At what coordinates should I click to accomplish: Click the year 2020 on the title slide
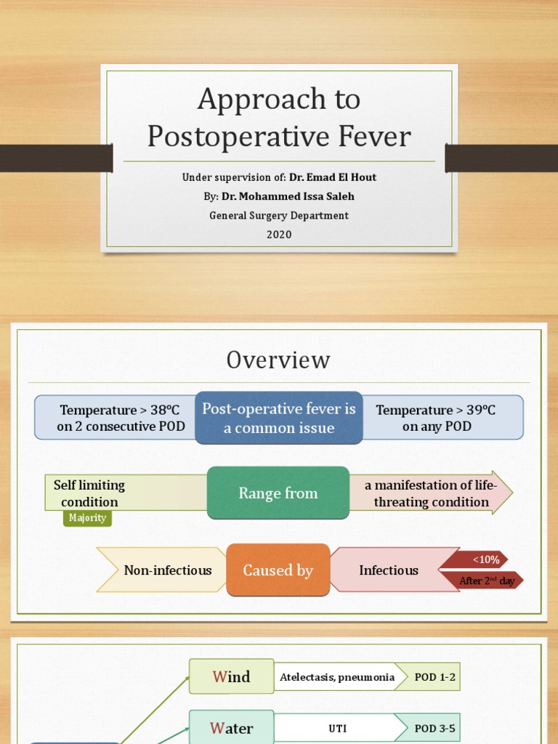[x=279, y=234]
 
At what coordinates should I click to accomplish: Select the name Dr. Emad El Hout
[x=333, y=177]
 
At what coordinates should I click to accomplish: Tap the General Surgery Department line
[x=279, y=215]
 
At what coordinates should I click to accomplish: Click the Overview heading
[x=278, y=360]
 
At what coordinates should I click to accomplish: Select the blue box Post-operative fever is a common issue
[x=279, y=418]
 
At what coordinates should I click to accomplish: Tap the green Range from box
[x=278, y=493]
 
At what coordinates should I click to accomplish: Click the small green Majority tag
[x=87, y=518]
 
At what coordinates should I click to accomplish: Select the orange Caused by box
[x=278, y=570]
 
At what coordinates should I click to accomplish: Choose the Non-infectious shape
[x=166, y=570]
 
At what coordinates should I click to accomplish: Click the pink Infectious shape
[x=389, y=570]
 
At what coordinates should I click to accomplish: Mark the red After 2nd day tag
[x=487, y=581]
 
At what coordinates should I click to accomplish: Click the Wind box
[x=231, y=676]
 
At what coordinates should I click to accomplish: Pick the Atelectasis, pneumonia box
[x=337, y=676]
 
